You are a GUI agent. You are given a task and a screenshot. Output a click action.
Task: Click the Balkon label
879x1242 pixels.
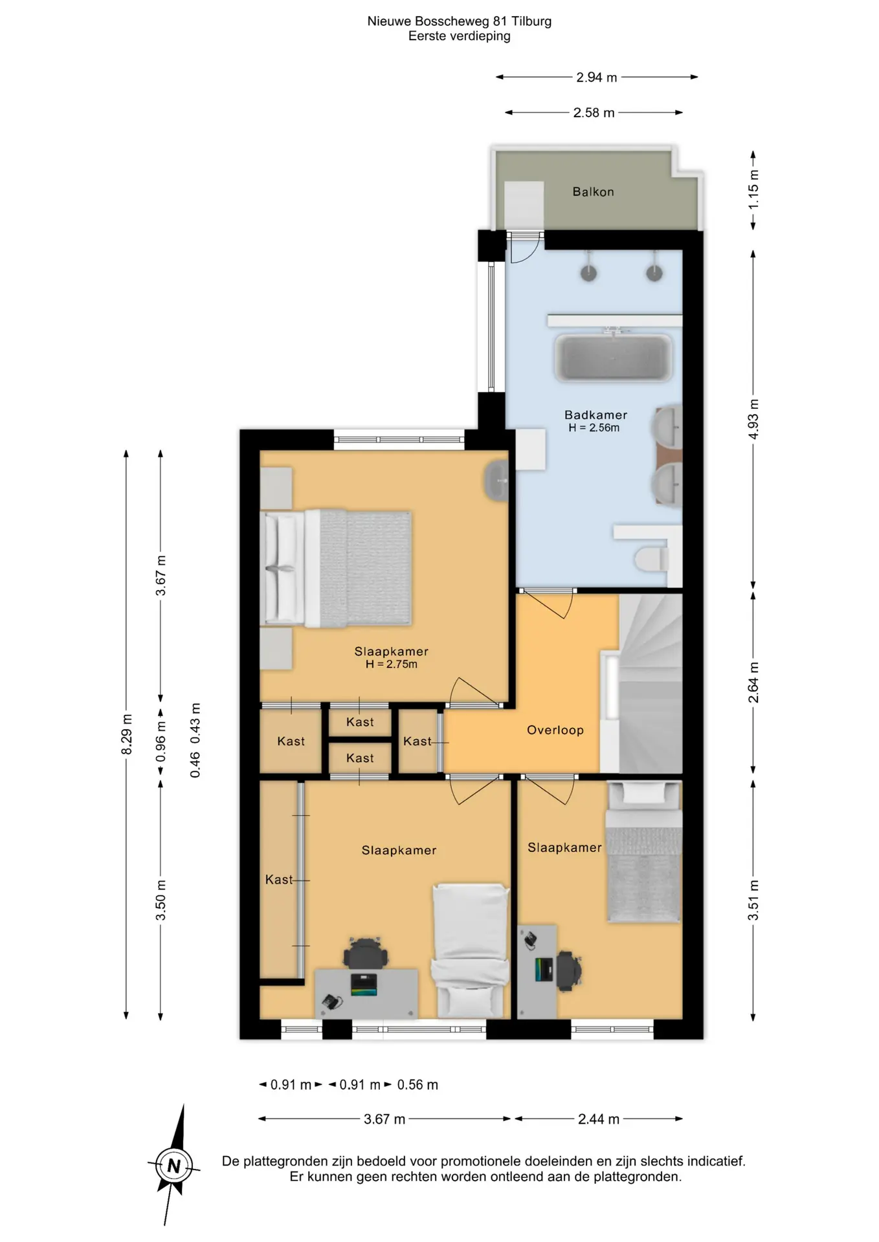(x=593, y=191)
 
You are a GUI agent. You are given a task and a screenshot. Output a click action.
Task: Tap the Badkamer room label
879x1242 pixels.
(x=595, y=415)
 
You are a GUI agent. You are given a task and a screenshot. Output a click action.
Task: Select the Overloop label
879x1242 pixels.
(x=555, y=730)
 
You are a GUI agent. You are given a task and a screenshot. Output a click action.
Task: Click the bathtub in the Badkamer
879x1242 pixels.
(x=613, y=357)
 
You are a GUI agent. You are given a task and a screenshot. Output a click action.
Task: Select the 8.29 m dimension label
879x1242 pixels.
(x=127, y=734)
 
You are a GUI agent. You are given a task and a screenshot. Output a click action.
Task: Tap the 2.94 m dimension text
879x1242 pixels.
(x=597, y=77)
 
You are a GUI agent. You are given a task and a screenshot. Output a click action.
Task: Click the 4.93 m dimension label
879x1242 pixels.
(x=753, y=419)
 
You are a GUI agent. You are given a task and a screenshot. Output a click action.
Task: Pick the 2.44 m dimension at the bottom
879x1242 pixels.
(x=599, y=1118)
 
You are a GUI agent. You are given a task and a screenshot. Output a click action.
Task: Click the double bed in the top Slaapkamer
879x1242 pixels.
(x=336, y=569)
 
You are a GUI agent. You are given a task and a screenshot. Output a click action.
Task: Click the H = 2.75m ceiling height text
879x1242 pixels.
(x=392, y=664)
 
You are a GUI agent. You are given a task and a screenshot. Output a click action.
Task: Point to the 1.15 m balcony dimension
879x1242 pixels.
(x=753, y=190)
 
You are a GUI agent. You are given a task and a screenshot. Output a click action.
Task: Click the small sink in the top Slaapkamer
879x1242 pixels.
(x=496, y=481)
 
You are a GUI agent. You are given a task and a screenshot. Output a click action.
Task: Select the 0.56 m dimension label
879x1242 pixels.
(x=417, y=1085)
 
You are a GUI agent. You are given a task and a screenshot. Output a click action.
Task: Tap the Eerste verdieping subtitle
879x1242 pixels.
(x=459, y=36)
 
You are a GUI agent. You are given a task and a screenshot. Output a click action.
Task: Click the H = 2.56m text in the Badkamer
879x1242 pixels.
(x=594, y=428)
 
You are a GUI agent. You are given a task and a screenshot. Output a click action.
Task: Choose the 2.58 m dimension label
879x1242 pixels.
(x=594, y=113)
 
